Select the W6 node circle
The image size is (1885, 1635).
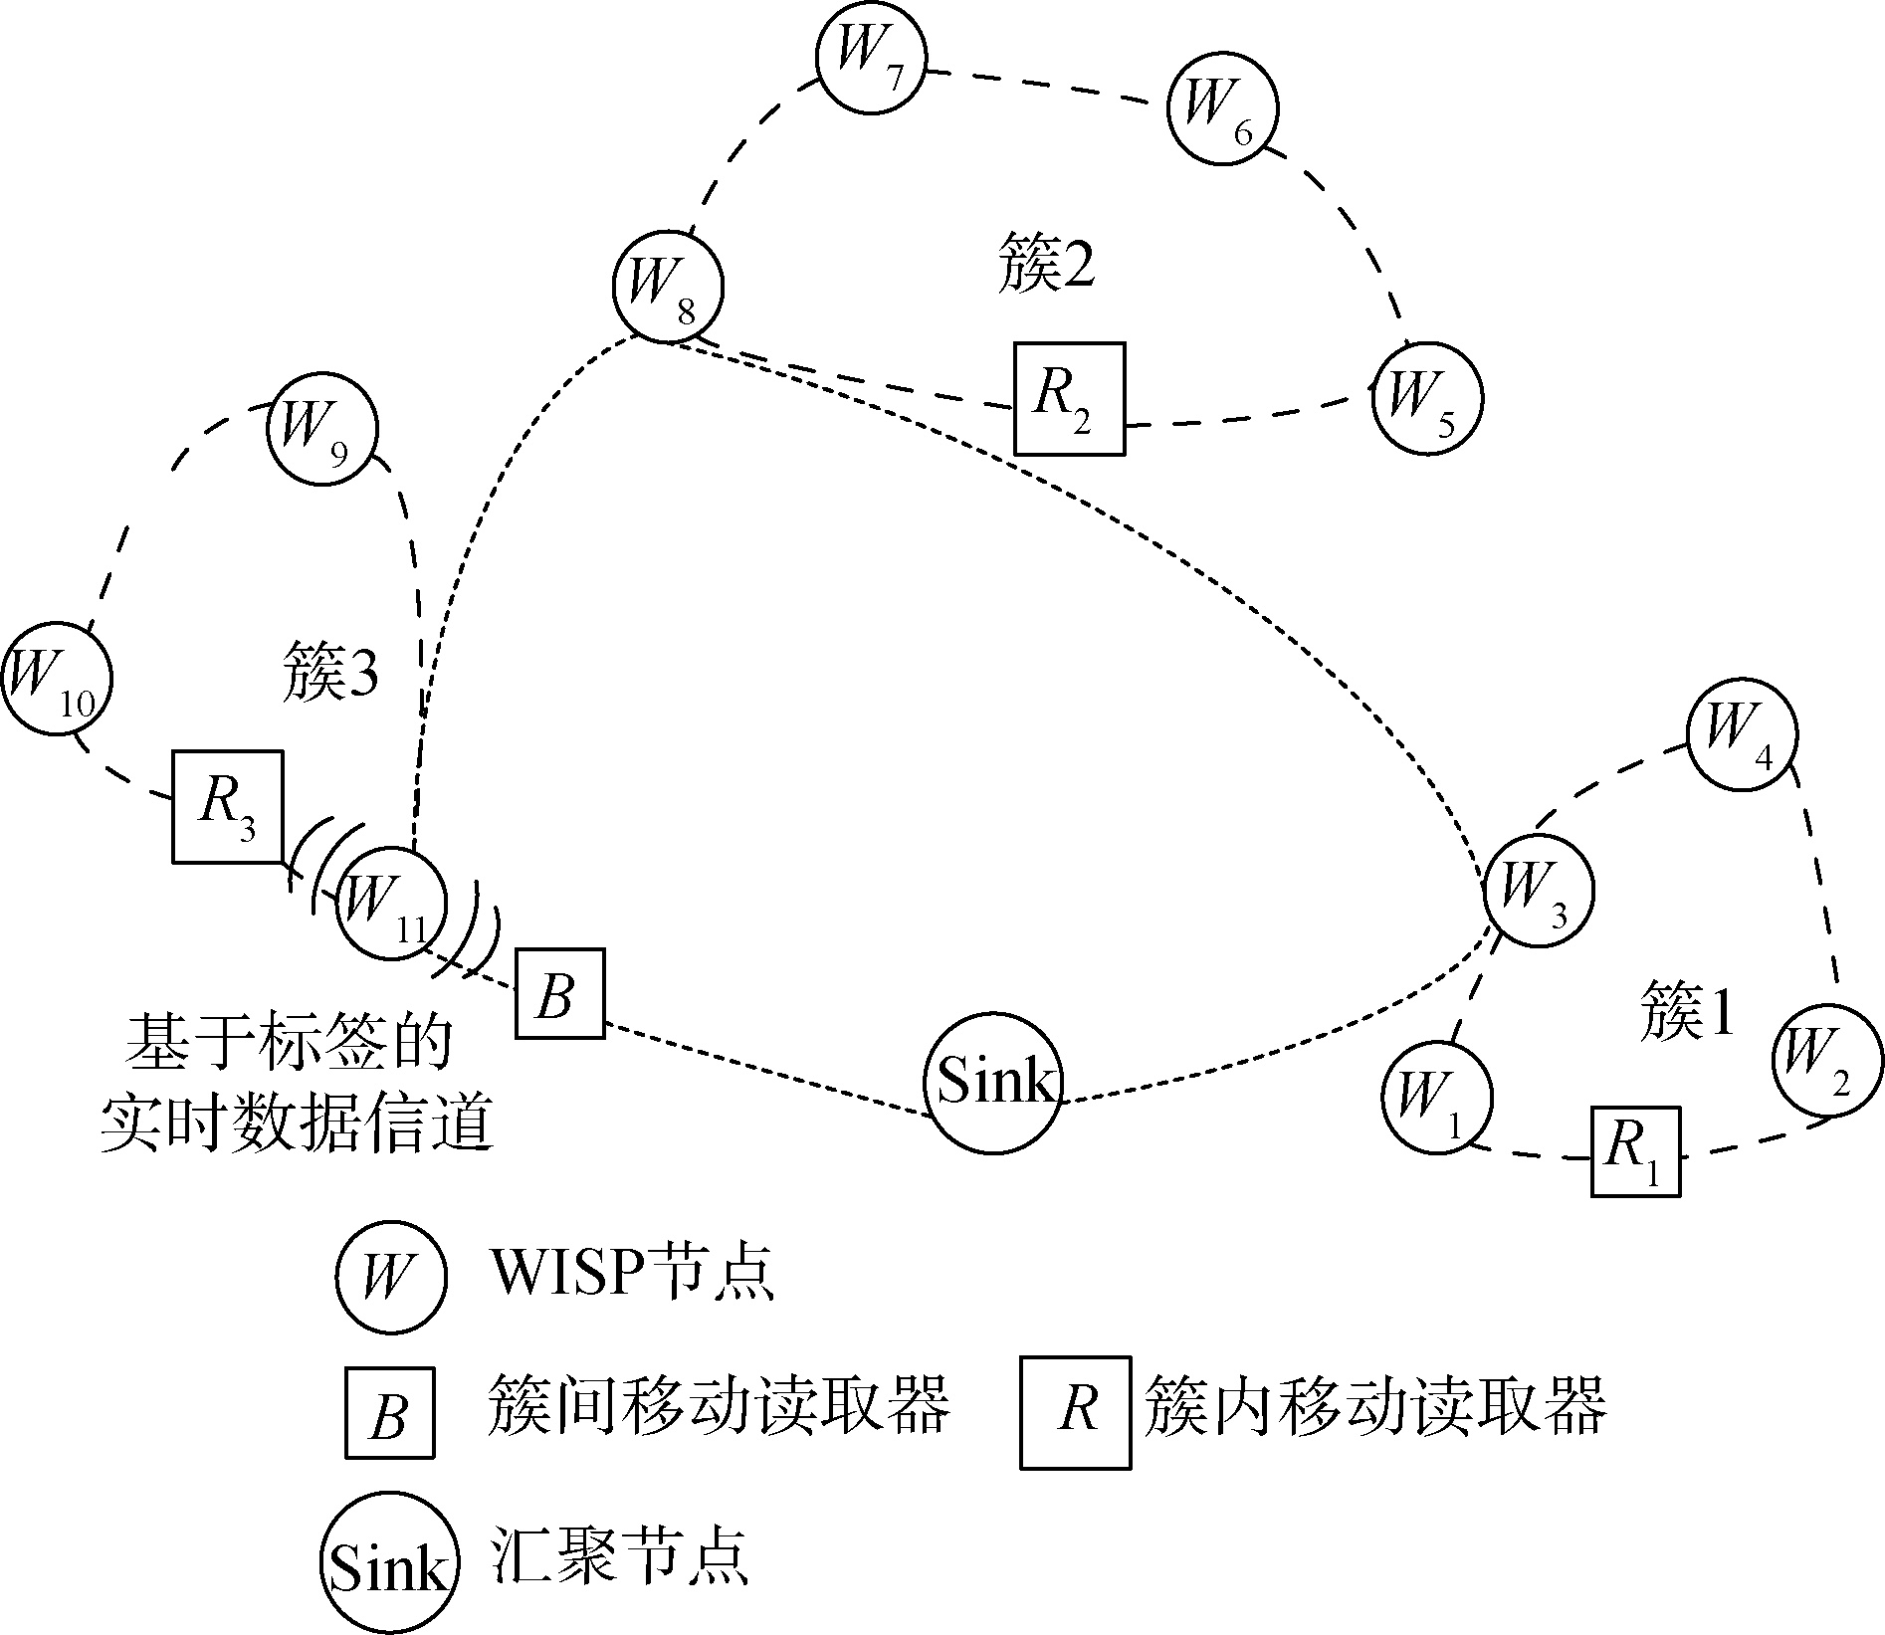click(x=1222, y=109)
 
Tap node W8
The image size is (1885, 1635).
click(x=667, y=287)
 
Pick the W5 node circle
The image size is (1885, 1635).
click(x=1426, y=398)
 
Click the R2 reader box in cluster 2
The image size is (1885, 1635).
click(x=1069, y=398)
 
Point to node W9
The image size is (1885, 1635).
click(x=322, y=430)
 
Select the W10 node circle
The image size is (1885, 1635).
click(x=56, y=681)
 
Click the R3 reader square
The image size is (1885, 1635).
click(x=228, y=806)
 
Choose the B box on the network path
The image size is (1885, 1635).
click(x=559, y=993)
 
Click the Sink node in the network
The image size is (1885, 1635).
click(x=993, y=1083)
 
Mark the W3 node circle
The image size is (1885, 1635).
click(x=1538, y=890)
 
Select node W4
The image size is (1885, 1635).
click(x=1742, y=735)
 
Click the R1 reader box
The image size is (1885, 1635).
click(x=1635, y=1150)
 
